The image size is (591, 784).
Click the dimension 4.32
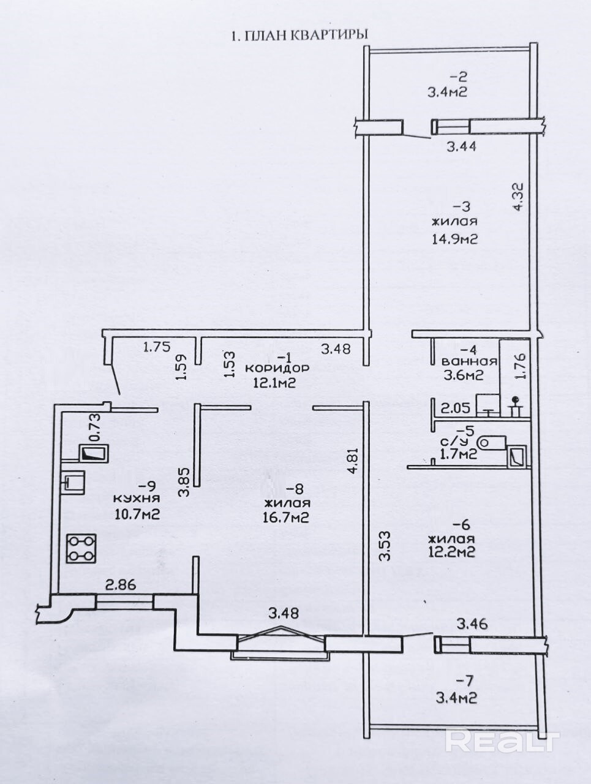(519, 199)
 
